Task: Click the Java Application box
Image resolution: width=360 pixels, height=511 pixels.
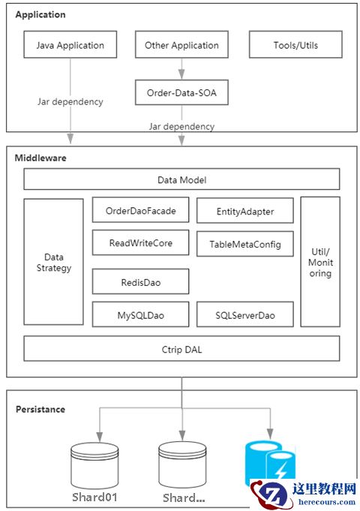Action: pos(70,45)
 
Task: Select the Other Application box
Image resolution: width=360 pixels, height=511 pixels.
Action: pos(181,45)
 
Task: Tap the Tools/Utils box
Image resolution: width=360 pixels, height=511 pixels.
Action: pos(295,45)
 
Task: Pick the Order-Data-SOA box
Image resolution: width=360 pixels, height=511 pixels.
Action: pos(181,92)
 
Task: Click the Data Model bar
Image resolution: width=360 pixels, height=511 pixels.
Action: pos(181,179)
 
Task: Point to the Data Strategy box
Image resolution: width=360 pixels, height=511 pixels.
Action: pos(53,262)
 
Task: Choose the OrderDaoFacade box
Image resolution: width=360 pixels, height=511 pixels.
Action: pos(141,210)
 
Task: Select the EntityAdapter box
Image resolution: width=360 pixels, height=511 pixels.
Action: pos(245,211)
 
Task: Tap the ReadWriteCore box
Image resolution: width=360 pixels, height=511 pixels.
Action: pos(141,242)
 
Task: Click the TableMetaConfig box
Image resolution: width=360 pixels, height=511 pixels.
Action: pos(245,244)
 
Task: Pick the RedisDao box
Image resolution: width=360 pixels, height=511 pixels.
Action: pos(141,281)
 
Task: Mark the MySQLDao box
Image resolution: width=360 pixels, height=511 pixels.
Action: pos(141,314)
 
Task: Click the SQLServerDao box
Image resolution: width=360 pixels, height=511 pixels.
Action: pos(245,314)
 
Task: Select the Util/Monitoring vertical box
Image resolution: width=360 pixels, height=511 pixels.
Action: pos(320,262)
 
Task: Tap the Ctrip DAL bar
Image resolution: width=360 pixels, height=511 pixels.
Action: pos(181,349)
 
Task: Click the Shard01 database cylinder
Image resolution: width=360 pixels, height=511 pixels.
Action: pos(94,466)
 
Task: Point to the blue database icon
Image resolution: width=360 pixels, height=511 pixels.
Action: pos(270,463)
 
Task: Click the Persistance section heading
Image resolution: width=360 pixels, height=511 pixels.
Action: pos(40,409)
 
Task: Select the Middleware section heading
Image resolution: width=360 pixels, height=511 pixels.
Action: pos(40,158)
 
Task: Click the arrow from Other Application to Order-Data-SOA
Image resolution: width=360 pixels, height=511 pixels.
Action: pos(181,69)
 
